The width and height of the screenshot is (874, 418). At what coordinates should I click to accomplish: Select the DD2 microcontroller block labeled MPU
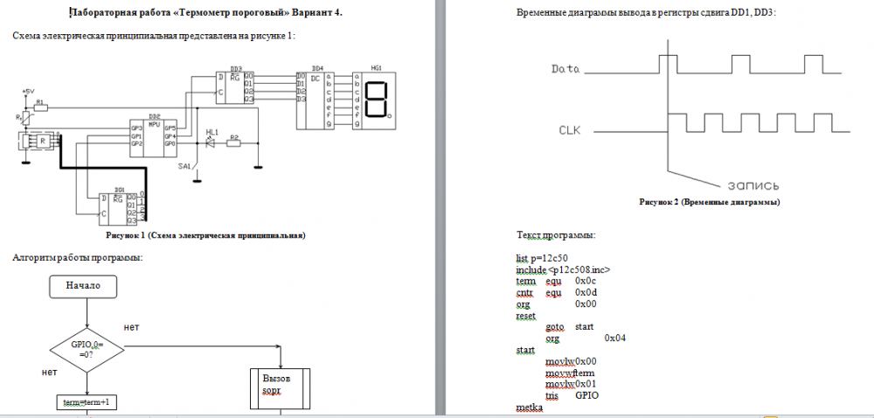click(154, 136)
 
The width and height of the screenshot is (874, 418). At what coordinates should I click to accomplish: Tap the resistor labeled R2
click(233, 143)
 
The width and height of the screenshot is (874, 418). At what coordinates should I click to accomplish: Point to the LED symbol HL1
click(210, 142)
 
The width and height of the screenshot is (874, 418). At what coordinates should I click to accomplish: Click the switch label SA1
click(184, 165)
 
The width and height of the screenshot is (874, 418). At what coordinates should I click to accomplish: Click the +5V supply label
click(26, 91)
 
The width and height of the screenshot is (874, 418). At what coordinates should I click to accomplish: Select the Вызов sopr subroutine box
click(280, 387)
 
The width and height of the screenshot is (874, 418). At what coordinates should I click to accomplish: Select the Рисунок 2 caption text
click(709, 202)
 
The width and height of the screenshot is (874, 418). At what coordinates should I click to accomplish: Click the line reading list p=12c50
click(545, 259)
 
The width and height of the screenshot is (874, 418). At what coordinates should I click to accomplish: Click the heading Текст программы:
click(557, 236)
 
